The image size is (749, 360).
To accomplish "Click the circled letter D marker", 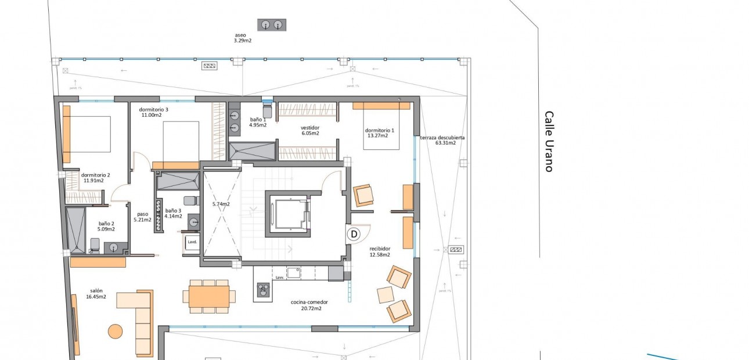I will (354, 234).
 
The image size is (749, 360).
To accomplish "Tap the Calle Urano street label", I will (549, 142).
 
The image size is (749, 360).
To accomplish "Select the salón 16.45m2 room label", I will (96, 294).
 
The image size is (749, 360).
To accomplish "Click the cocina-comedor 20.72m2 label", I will (309, 305).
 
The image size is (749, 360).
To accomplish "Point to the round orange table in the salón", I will (116, 332).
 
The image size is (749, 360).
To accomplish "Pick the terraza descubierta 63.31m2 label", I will (442, 141).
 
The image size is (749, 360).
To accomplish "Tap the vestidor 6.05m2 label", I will (310, 130).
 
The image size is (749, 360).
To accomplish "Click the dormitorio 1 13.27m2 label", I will (379, 133).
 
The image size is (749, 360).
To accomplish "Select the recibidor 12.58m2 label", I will (380, 251).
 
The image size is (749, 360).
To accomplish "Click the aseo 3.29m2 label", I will (242, 38).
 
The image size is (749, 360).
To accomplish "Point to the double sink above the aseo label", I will (272, 24).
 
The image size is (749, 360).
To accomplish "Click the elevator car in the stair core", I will (288, 213).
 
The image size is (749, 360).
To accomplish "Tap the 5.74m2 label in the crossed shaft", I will (221, 204).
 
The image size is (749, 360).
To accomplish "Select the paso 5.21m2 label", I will (143, 217).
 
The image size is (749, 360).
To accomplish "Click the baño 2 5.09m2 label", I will (106, 226).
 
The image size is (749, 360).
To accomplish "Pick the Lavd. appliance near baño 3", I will (192, 243).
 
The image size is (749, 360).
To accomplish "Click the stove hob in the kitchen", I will (264, 288).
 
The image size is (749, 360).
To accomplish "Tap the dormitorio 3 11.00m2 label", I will (153, 112).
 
